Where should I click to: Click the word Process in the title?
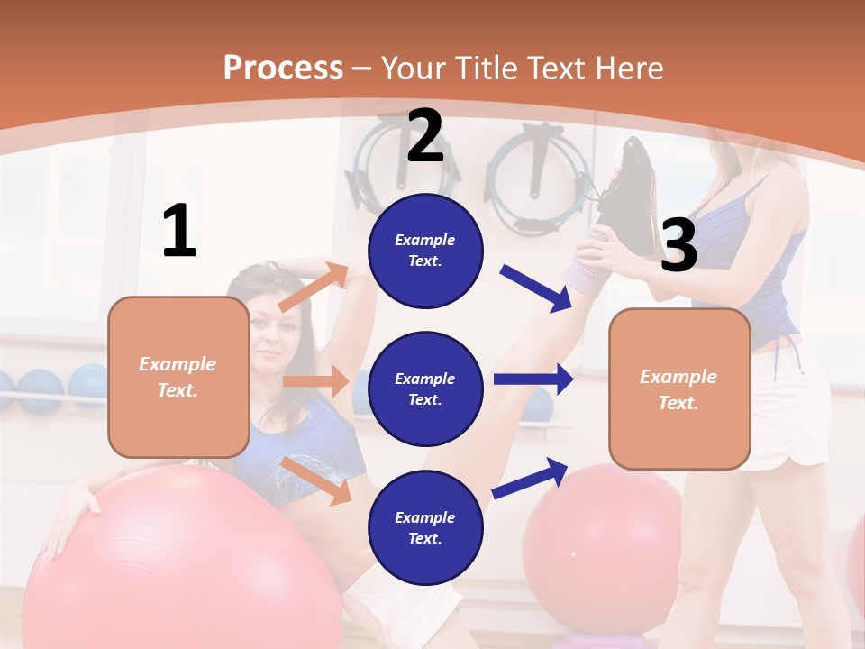[283, 69]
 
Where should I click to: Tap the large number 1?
[179, 231]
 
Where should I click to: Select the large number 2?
[425, 136]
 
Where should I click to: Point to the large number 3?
[678, 245]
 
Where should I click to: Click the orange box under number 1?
[178, 377]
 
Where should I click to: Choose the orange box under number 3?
[679, 388]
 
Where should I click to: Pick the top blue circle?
[425, 251]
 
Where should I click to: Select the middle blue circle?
[425, 388]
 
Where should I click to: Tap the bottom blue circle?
[425, 527]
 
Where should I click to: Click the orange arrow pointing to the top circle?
[314, 287]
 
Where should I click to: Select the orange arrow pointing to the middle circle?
[315, 381]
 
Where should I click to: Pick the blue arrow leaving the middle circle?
[533, 379]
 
